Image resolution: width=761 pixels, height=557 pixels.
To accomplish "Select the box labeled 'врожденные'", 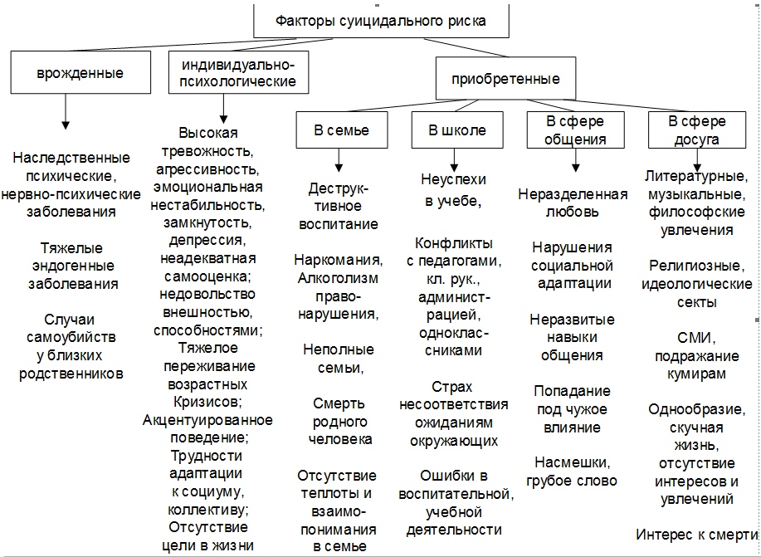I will [x=80, y=72].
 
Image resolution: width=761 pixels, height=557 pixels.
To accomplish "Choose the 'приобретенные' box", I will [x=505, y=80].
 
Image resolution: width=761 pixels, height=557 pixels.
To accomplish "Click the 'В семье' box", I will [x=340, y=130].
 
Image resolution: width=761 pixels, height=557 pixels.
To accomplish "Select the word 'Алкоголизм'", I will [x=338, y=277].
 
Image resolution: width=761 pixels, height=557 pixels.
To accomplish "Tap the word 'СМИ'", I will [x=693, y=338].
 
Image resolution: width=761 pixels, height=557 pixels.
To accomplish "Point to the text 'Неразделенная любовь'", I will [x=573, y=203].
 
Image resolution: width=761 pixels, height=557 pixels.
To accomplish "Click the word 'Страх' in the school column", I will [x=452, y=387].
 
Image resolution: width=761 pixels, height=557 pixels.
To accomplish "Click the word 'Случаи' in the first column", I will [x=71, y=320].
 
